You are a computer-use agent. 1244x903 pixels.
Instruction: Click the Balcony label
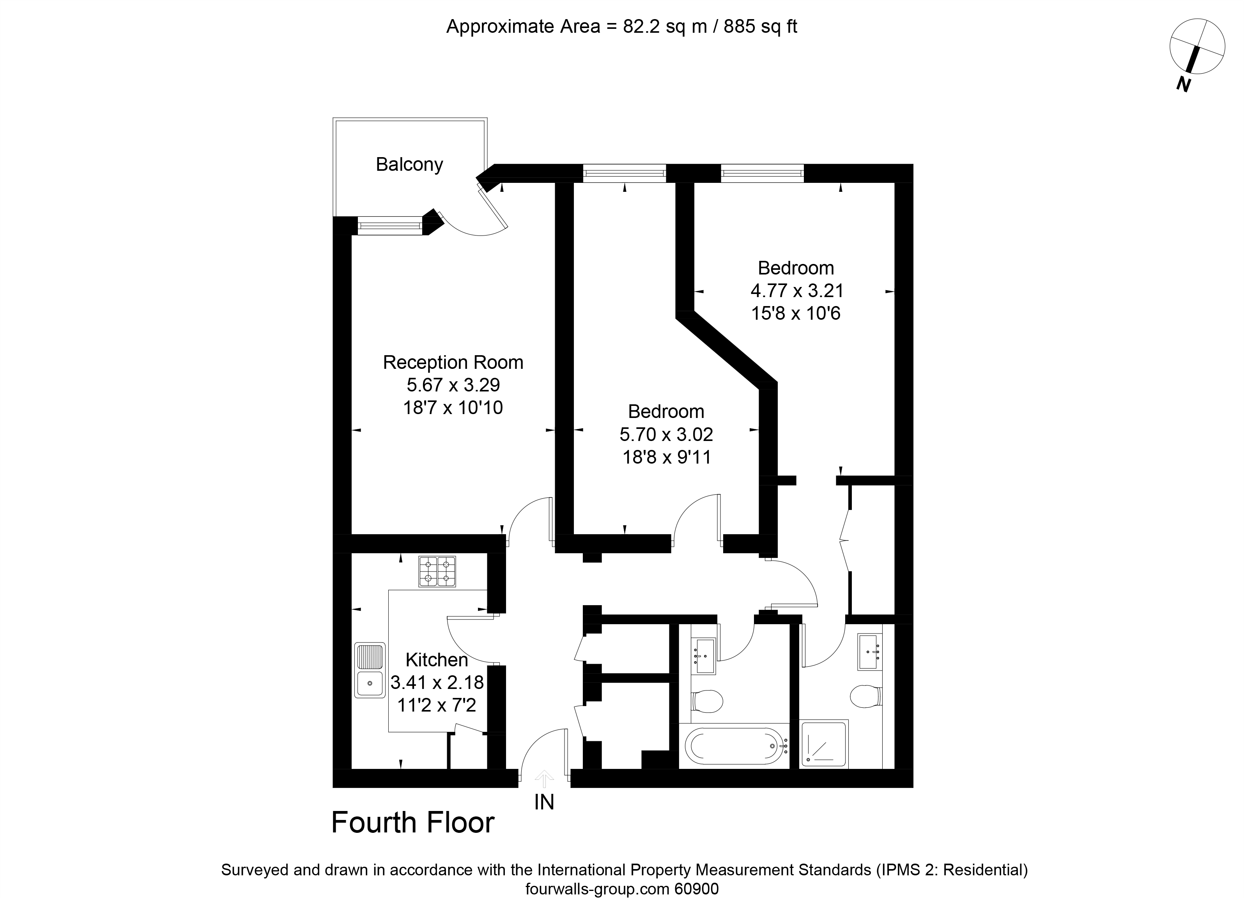pos(409,165)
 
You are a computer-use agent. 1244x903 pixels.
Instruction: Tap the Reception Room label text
pos(453,363)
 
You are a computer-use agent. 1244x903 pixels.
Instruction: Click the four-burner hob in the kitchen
pos(437,572)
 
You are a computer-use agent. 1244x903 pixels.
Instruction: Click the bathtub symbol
pos(733,746)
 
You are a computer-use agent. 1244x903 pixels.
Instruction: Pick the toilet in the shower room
pos(865,697)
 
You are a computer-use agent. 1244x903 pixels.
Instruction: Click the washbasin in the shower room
pos(870,652)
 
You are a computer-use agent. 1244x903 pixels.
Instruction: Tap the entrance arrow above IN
pos(544,779)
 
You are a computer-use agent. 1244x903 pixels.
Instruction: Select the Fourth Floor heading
pos(412,823)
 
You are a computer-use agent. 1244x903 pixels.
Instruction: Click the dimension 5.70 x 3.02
pos(666,434)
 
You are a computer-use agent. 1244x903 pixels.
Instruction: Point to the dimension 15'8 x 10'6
pos(795,313)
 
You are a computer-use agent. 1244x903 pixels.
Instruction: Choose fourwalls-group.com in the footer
pos(597,889)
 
